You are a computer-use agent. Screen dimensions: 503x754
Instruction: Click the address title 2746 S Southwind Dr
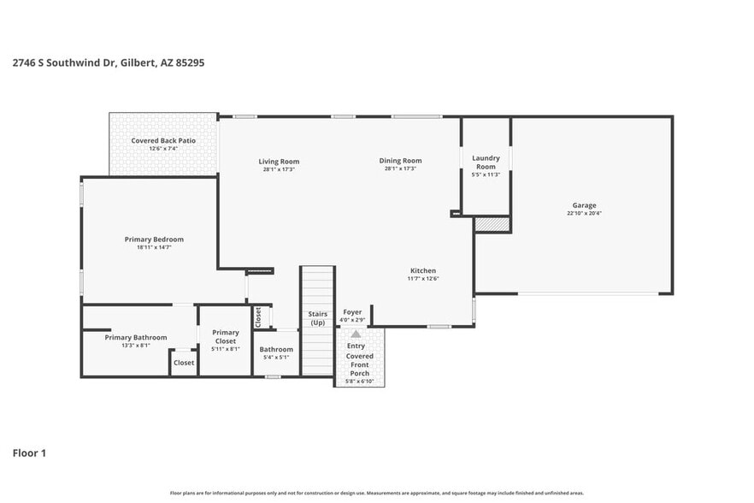pos(108,62)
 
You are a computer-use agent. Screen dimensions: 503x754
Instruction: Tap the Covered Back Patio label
pos(163,140)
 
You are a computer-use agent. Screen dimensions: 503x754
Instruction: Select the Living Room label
pos(279,161)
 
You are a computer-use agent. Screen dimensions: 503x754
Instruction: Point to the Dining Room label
pos(400,161)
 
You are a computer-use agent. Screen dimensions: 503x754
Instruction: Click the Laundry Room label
pos(486,162)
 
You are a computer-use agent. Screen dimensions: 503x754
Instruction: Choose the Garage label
pos(584,205)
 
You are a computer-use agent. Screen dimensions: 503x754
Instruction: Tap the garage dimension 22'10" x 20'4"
pos(584,214)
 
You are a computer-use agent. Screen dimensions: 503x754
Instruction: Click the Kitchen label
pos(422,270)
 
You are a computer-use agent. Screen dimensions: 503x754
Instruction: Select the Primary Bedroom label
pos(154,240)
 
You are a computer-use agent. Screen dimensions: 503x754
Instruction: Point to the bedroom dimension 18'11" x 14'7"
pos(154,248)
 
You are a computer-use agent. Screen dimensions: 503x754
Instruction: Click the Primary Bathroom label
pos(136,337)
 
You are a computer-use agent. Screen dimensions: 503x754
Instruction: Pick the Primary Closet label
pos(226,336)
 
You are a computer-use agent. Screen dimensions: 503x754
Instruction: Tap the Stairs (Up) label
pos(317,318)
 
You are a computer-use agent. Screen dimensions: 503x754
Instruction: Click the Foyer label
pos(352,312)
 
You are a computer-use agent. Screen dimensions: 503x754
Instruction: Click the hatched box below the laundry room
pos(492,224)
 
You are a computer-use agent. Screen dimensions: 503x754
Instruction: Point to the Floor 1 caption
pos(29,453)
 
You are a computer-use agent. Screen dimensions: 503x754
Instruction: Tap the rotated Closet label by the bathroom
pos(258,317)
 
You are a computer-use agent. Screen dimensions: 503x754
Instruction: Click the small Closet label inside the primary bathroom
pos(184,363)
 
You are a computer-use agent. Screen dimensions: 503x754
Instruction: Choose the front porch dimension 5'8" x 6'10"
pos(359,381)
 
